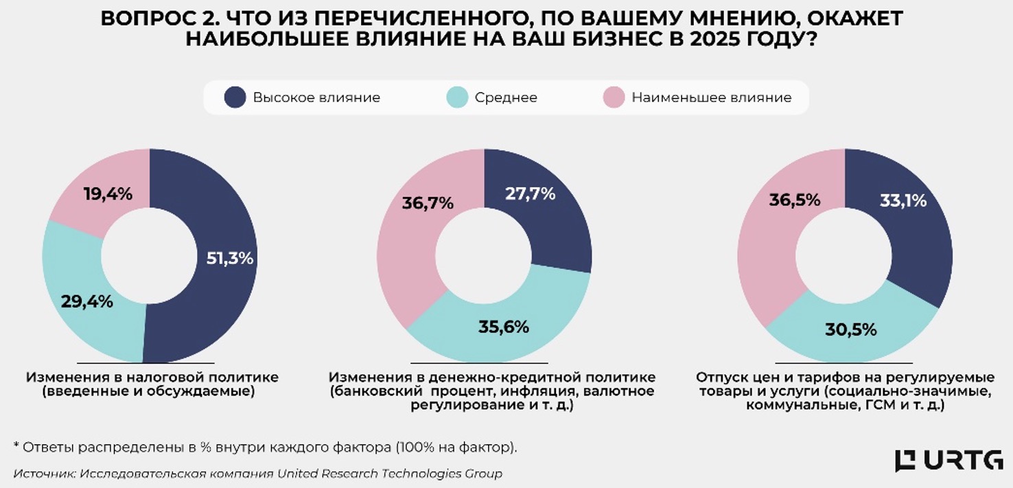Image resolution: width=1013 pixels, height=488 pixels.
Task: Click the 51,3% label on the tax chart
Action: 230,259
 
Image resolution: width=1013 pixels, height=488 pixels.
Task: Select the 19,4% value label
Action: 108,194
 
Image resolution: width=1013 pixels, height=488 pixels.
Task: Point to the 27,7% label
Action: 530,194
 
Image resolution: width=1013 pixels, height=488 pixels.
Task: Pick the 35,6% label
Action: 504,327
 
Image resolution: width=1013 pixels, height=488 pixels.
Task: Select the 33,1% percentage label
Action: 903,201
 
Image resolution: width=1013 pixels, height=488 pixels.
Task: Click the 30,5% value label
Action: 852,329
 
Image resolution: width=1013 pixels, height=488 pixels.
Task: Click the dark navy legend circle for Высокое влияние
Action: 235,97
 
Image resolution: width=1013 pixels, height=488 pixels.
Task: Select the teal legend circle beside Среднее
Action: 457,97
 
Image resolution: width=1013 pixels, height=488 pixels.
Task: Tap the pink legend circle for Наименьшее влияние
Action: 614,97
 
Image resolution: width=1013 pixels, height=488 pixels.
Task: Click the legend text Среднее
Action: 506,97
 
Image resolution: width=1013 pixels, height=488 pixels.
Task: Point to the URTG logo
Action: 948,461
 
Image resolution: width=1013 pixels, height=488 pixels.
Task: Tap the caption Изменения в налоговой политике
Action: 152,377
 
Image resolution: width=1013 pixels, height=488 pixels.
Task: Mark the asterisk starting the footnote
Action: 16,446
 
